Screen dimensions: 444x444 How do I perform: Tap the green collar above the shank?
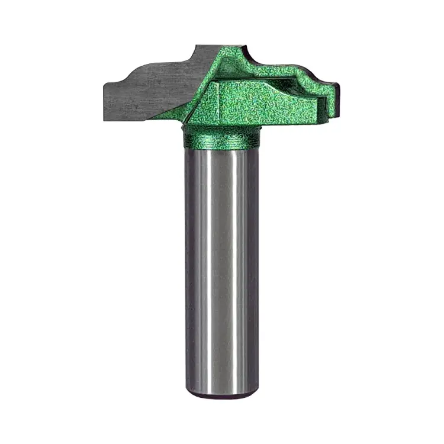221,139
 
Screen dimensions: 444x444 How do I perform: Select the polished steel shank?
221,266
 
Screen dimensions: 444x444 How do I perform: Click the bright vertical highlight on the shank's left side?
201,266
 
